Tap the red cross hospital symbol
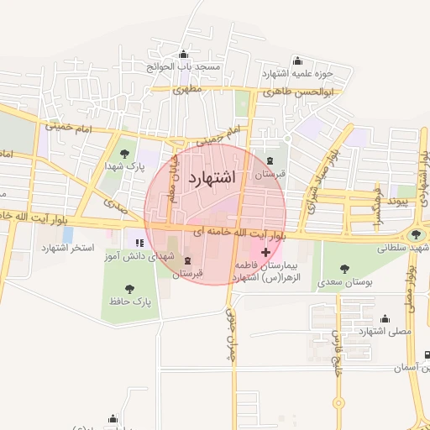pos(266,252)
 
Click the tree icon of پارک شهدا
pos(124,154)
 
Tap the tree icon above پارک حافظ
pos(130,288)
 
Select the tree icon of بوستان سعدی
pos(344,268)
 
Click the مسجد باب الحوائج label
pos(185,66)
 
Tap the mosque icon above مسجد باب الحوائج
pos(184,55)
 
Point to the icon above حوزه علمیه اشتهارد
pos(296,60)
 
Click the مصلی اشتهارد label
pos(385,331)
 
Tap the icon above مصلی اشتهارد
pos(385,318)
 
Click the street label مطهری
pos(188,88)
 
